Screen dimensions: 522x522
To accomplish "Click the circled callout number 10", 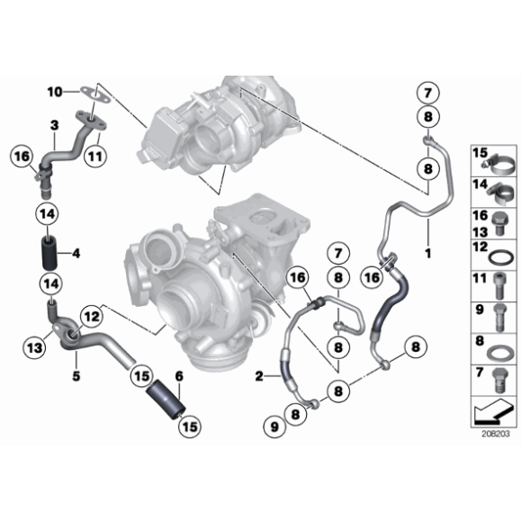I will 54,91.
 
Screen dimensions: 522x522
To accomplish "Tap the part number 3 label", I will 54,124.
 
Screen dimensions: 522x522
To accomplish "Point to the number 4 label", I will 76,254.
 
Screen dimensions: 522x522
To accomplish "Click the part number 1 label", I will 428,254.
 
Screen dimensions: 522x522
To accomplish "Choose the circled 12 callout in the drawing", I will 91,315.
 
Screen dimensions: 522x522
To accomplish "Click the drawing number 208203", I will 494,433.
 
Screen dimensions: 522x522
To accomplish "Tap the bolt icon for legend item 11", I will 501,283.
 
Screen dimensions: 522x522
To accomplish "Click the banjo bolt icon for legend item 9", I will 501,315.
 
